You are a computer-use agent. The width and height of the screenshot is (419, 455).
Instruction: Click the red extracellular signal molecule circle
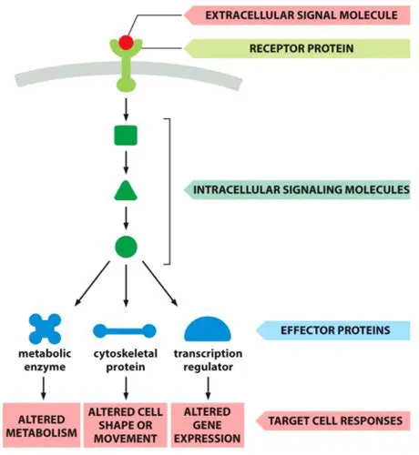click(x=126, y=42)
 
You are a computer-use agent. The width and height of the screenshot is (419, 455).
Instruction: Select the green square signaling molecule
click(x=126, y=136)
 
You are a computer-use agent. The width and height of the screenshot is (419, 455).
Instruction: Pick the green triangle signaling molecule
click(x=126, y=191)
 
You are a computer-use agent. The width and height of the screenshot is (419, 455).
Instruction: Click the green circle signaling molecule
click(x=126, y=246)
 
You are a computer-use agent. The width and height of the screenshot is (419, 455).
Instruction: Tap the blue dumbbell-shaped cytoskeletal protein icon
click(x=126, y=331)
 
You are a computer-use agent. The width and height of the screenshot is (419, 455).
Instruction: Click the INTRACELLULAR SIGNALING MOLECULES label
click(x=301, y=190)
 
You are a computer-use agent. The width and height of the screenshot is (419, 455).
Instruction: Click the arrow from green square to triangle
click(x=126, y=164)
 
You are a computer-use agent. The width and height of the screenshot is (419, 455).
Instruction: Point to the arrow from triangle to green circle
click(x=126, y=218)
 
